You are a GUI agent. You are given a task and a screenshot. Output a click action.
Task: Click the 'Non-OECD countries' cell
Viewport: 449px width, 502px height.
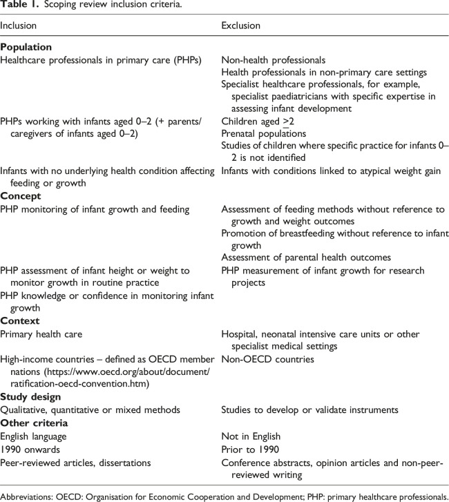(x=261, y=360)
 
